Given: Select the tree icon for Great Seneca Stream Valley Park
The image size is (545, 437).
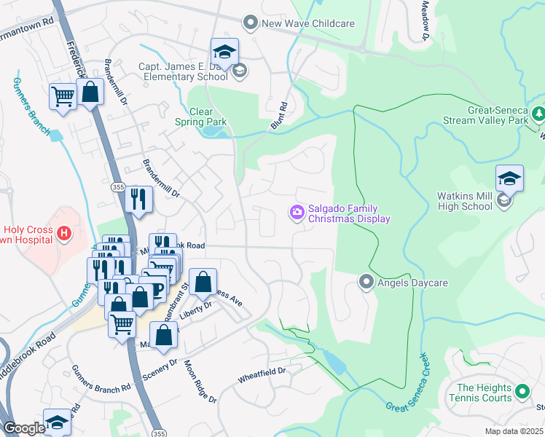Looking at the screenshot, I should click(x=538, y=114).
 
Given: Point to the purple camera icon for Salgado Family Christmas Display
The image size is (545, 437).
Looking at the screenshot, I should click(x=297, y=213).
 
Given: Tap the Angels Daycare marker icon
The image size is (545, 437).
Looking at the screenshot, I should click(x=366, y=281).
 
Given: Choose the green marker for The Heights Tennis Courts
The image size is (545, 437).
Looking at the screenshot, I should click(x=522, y=393).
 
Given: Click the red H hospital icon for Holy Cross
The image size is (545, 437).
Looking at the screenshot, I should click(x=64, y=234).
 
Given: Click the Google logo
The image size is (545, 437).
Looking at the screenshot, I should click(x=24, y=428).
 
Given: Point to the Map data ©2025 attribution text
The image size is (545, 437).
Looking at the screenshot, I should click(x=514, y=431).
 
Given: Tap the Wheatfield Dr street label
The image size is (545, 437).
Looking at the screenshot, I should click(x=262, y=375).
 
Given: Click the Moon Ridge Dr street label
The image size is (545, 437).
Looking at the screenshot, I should click(x=200, y=382).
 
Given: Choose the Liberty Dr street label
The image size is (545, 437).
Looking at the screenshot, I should click(x=196, y=306).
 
